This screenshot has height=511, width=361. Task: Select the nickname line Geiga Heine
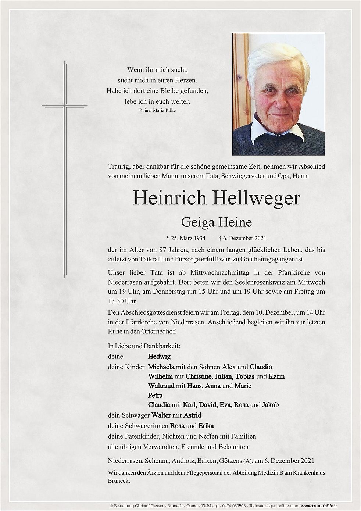pyautogui.click(x=217, y=223)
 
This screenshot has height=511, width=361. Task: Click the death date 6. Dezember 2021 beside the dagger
pyautogui.click(x=244, y=238)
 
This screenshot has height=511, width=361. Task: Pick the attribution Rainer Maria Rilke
pyautogui.click(x=158, y=110)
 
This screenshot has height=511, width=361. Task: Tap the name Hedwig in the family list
pyautogui.click(x=159, y=356)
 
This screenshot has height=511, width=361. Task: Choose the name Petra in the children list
pyautogui.click(x=155, y=396)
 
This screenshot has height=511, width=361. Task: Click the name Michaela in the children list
pyautogui.click(x=161, y=367)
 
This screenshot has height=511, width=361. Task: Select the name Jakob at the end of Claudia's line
pyautogui.click(x=270, y=405)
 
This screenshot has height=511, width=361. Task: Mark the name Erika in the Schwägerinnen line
pyautogui.click(x=206, y=426)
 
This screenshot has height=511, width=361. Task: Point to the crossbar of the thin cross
pyautogui.click(x=65, y=106)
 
